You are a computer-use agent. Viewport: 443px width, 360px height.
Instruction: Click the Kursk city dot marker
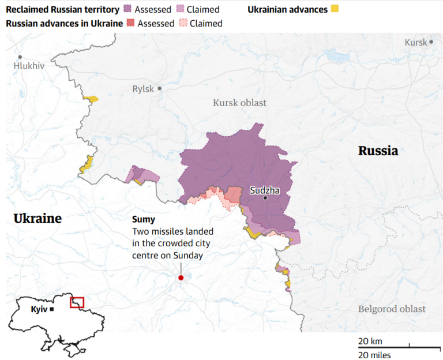point(431,42)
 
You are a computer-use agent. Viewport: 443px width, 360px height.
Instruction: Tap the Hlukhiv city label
point(29,66)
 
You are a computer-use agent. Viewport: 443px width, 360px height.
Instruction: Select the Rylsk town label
point(143,89)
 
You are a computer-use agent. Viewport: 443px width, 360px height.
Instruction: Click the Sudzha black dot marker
point(265,198)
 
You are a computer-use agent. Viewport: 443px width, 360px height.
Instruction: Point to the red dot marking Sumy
point(181,277)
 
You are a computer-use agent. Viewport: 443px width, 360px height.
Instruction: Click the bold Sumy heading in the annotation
point(144,220)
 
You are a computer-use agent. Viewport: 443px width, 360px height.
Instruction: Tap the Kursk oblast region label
point(240,103)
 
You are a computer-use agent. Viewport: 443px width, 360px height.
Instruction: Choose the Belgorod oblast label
point(392,309)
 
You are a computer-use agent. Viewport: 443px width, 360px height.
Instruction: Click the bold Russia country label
point(378,151)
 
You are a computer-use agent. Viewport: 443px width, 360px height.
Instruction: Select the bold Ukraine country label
point(37,219)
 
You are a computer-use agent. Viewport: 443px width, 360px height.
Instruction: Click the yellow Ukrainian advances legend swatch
point(335,9)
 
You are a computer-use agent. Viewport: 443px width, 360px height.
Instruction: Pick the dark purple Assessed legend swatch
point(127,10)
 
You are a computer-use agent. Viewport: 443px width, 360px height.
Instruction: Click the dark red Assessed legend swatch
point(130,24)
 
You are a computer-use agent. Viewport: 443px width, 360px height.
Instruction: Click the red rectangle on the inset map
point(77,302)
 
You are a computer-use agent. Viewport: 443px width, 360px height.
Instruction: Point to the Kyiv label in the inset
point(39,309)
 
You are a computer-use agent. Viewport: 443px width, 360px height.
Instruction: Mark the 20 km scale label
point(370,341)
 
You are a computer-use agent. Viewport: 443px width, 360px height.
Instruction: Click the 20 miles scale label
point(374,354)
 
